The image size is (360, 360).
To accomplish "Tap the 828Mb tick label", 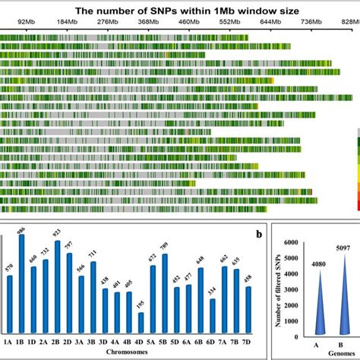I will [x=348, y=24].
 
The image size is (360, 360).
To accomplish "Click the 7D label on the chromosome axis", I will [x=248, y=341].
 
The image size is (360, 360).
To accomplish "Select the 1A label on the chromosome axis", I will [x=9, y=341].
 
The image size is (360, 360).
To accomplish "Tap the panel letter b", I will [x=258, y=234].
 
